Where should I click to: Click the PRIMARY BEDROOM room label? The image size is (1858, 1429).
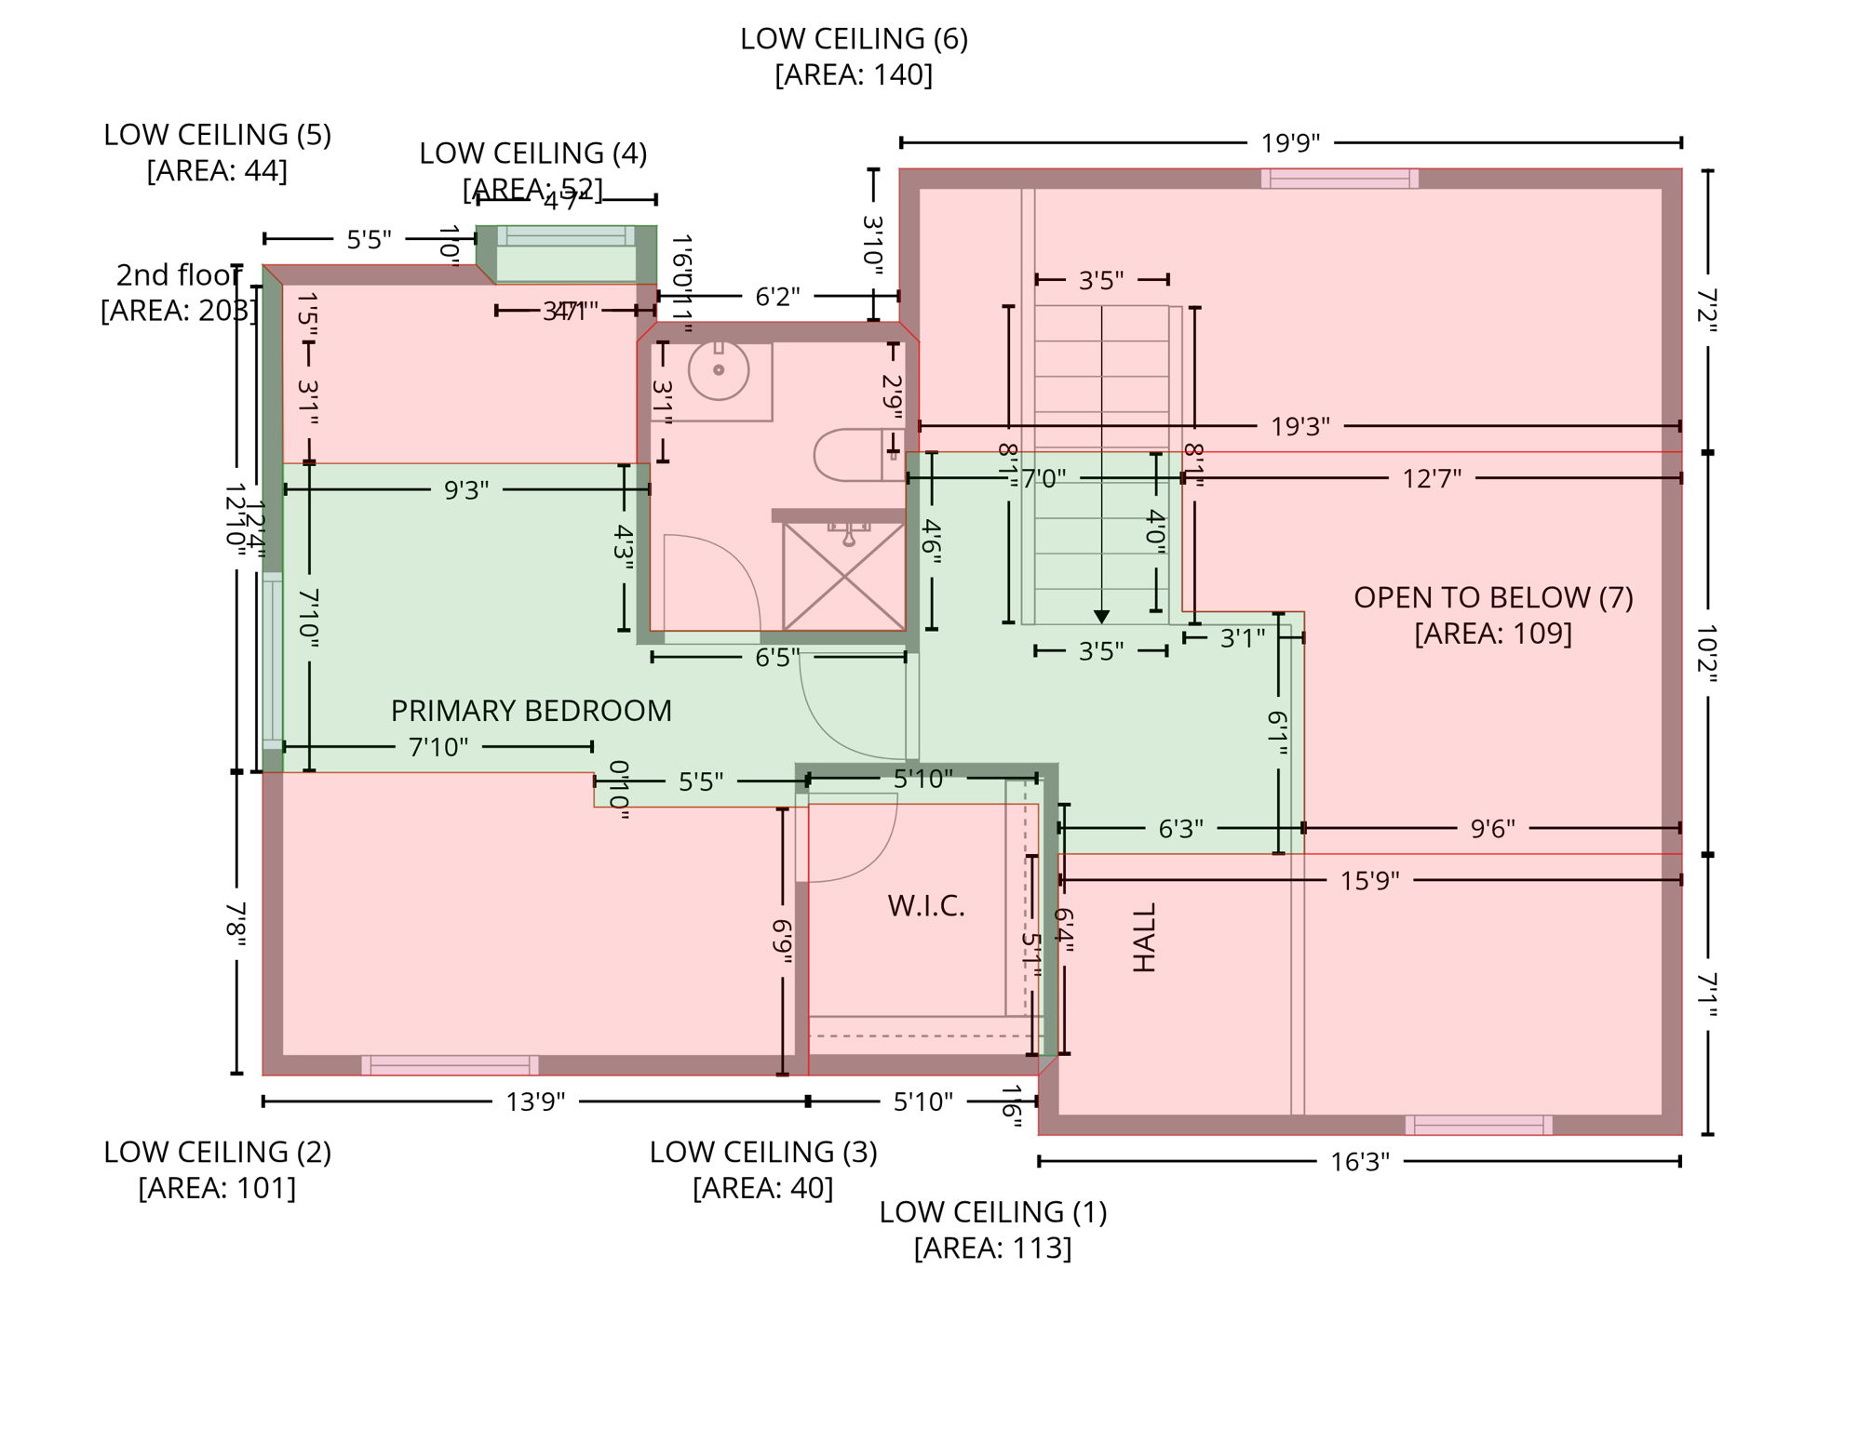[x=531, y=711]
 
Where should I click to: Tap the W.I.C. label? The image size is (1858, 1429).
[x=925, y=906]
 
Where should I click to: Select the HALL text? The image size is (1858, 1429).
[x=1144, y=937]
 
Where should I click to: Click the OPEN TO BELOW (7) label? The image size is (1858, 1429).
[x=1492, y=597]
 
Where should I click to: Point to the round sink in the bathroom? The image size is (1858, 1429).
[x=719, y=370]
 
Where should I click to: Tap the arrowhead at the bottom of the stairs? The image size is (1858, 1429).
[x=1101, y=617]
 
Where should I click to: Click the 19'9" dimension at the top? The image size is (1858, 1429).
[x=1290, y=143]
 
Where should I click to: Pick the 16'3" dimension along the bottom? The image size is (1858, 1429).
[x=1359, y=1162]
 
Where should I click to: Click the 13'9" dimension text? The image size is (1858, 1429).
[x=535, y=1102]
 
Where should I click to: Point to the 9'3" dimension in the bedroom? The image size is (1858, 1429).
[x=465, y=490]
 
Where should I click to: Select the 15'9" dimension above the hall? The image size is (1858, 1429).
[x=1369, y=881]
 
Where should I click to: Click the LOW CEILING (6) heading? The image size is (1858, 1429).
[x=854, y=39]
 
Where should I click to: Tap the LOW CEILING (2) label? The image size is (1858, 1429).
[x=217, y=1152]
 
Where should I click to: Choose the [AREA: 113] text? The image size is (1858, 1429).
[x=992, y=1248]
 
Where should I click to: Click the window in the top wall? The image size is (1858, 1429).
[x=1339, y=179]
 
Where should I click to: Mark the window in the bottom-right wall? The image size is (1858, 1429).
[x=1478, y=1125]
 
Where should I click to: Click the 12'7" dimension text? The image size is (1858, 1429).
[x=1431, y=479]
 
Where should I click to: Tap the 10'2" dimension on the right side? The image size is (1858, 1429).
[x=1706, y=653]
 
